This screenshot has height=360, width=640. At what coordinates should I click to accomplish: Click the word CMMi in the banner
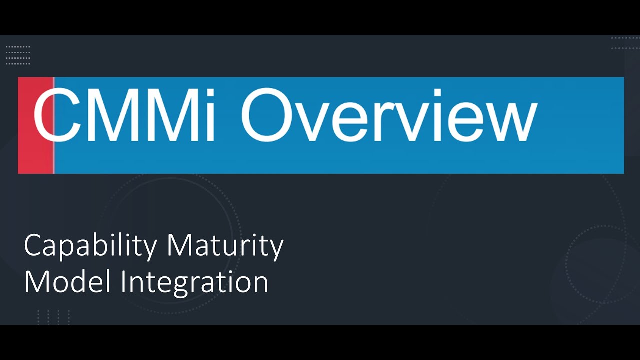point(125,115)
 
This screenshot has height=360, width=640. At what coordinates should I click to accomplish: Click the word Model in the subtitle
point(67,282)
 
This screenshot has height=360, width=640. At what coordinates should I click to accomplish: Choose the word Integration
point(195,283)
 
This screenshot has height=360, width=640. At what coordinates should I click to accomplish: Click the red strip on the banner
point(35,125)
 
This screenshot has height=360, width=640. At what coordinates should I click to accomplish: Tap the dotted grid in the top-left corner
point(18,55)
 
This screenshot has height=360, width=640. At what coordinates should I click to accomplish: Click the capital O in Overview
point(270,115)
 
